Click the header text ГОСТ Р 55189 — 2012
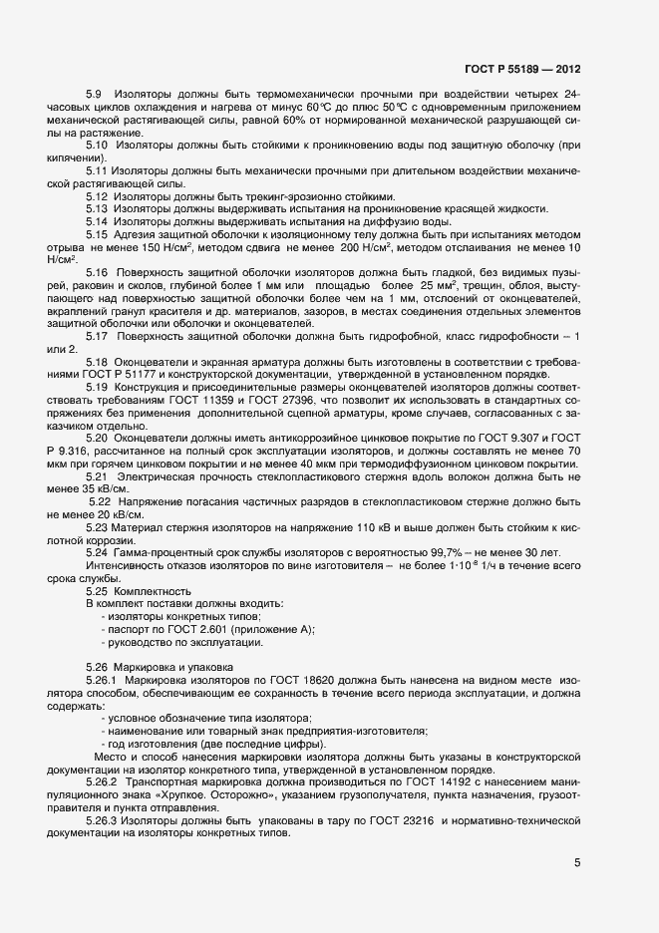tap(522, 70)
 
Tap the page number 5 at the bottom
tap(577, 863)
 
